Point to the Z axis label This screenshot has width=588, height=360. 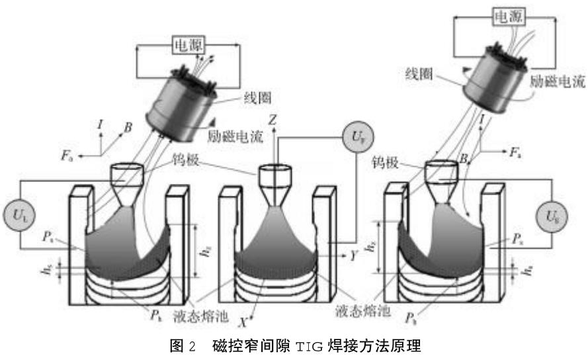[x=273, y=119]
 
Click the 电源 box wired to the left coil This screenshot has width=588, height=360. [x=189, y=45]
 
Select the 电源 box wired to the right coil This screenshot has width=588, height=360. [x=507, y=19]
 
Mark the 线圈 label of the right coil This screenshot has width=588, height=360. [x=419, y=74]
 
